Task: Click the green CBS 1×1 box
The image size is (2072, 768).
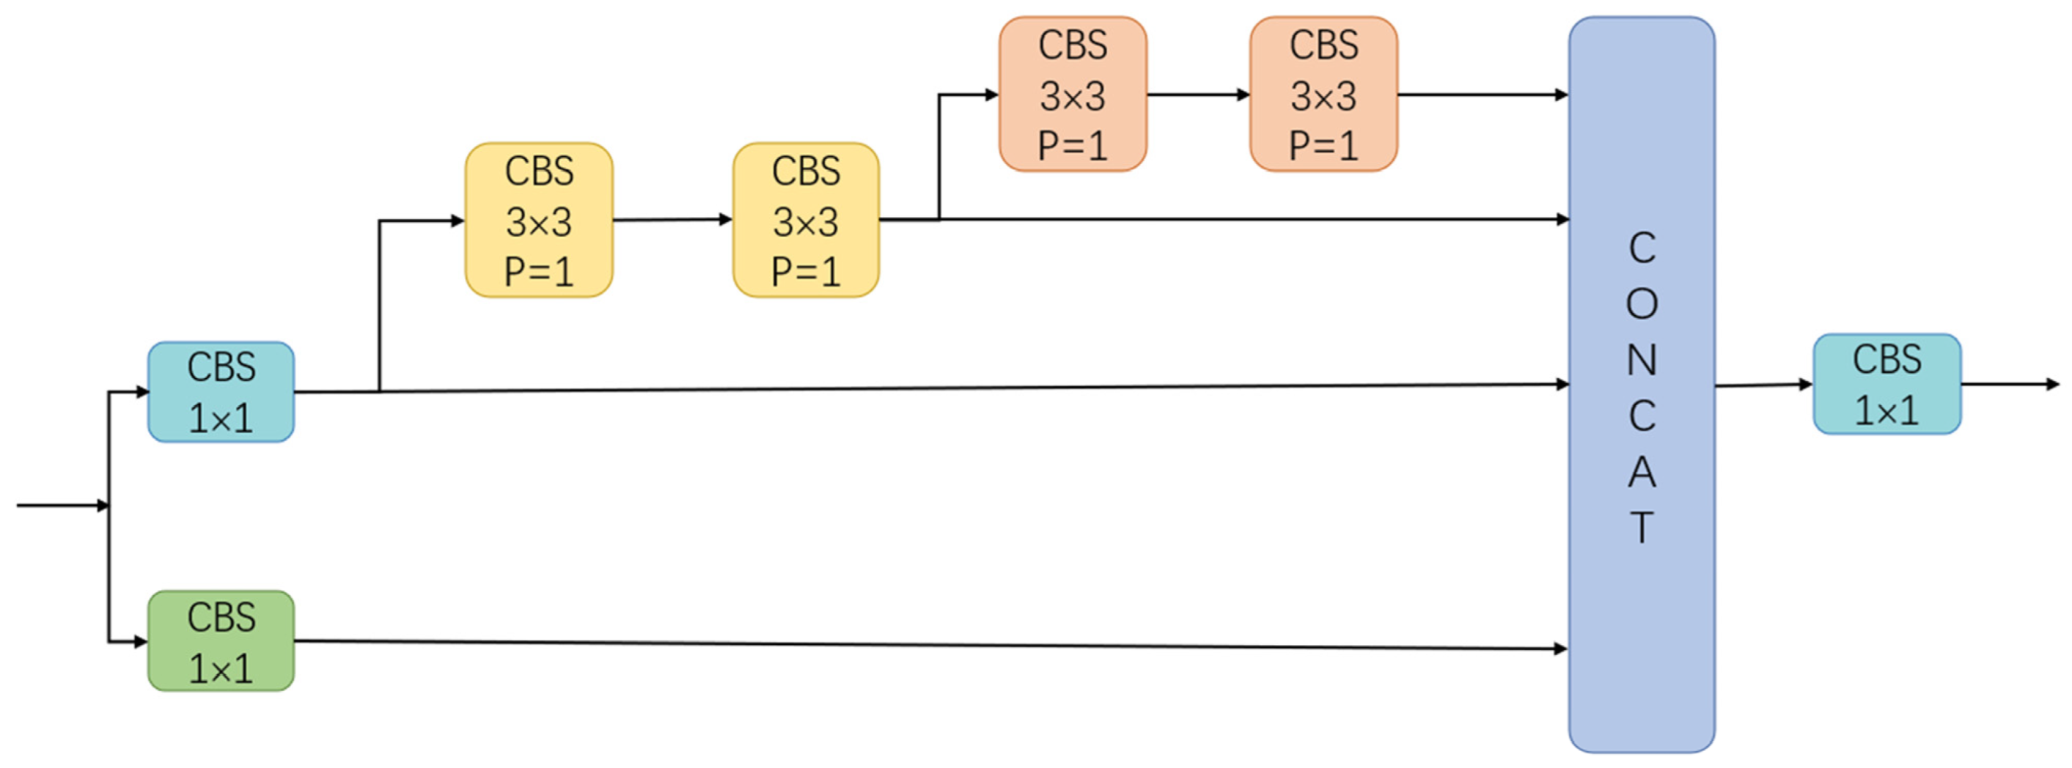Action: pyautogui.click(x=221, y=641)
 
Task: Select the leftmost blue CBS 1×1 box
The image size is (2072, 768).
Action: pyautogui.click(x=221, y=391)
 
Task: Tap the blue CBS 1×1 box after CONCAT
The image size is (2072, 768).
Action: pyautogui.click(x=1887, y=385)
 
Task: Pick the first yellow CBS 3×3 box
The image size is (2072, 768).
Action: pyautogui.click(x=539, y=221)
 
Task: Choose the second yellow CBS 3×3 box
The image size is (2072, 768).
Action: pyautogui.click(x=806, y=221)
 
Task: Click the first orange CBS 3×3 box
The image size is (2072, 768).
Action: pyautogui.click(x=1073, y=95)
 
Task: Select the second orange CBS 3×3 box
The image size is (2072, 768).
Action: pyautogui.click(x=1324, y=95)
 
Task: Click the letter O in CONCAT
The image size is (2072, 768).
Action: pyautogui.click(x=1642, y=304)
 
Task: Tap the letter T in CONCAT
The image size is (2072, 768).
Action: pyautogui.click(x=1642, y=528)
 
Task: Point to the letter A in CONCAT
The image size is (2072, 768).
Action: pyautogui.click(x=1642, y=473)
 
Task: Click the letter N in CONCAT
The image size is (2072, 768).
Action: pyautogui.click(x=1642, y=361)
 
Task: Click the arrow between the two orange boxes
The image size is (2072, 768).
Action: pyautogui.click(x=1199, y=95)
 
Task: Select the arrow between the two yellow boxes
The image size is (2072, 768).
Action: pyautogui.click(x=672, y=220)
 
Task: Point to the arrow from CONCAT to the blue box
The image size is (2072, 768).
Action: pyautogui.click(x=1764, y=385)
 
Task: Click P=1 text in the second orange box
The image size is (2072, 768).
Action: pyautogui.click(x=1324, y=147)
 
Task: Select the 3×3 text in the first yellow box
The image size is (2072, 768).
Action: pyautogui.click(x=539, y=222)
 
